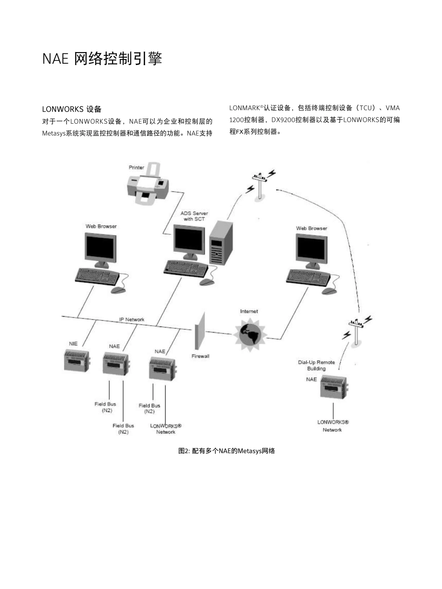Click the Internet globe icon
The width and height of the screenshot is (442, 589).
point(249,334)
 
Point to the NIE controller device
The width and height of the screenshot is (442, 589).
point(76,360)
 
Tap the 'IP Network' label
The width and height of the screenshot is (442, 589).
point(132,319)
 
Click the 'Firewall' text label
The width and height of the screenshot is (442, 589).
point(201,356)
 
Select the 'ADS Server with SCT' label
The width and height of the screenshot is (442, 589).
point(194,216)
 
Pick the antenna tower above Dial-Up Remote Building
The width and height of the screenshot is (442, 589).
point(356,331)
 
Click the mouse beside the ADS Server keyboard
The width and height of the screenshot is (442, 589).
point(207,282)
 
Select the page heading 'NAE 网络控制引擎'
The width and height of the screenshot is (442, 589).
point(102,59)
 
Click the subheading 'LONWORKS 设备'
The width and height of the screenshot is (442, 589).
point(72,109)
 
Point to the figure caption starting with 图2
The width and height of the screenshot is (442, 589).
point(227,451)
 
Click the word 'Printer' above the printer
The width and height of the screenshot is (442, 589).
point(136,167)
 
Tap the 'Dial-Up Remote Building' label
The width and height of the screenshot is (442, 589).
point(316,365)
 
